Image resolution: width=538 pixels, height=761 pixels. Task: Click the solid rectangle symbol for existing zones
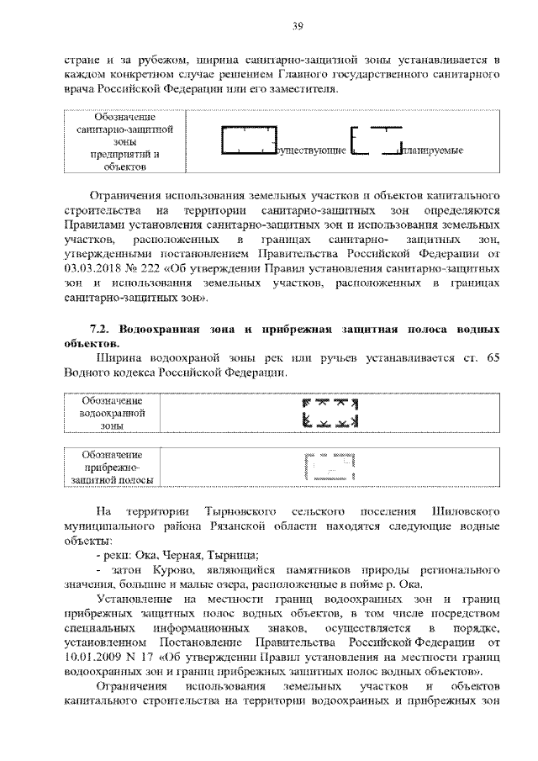tap(249, 140)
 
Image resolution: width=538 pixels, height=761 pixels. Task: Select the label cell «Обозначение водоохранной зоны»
tap(111, 413)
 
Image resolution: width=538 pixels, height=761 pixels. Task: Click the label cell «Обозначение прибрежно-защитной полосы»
tap(111, 467)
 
